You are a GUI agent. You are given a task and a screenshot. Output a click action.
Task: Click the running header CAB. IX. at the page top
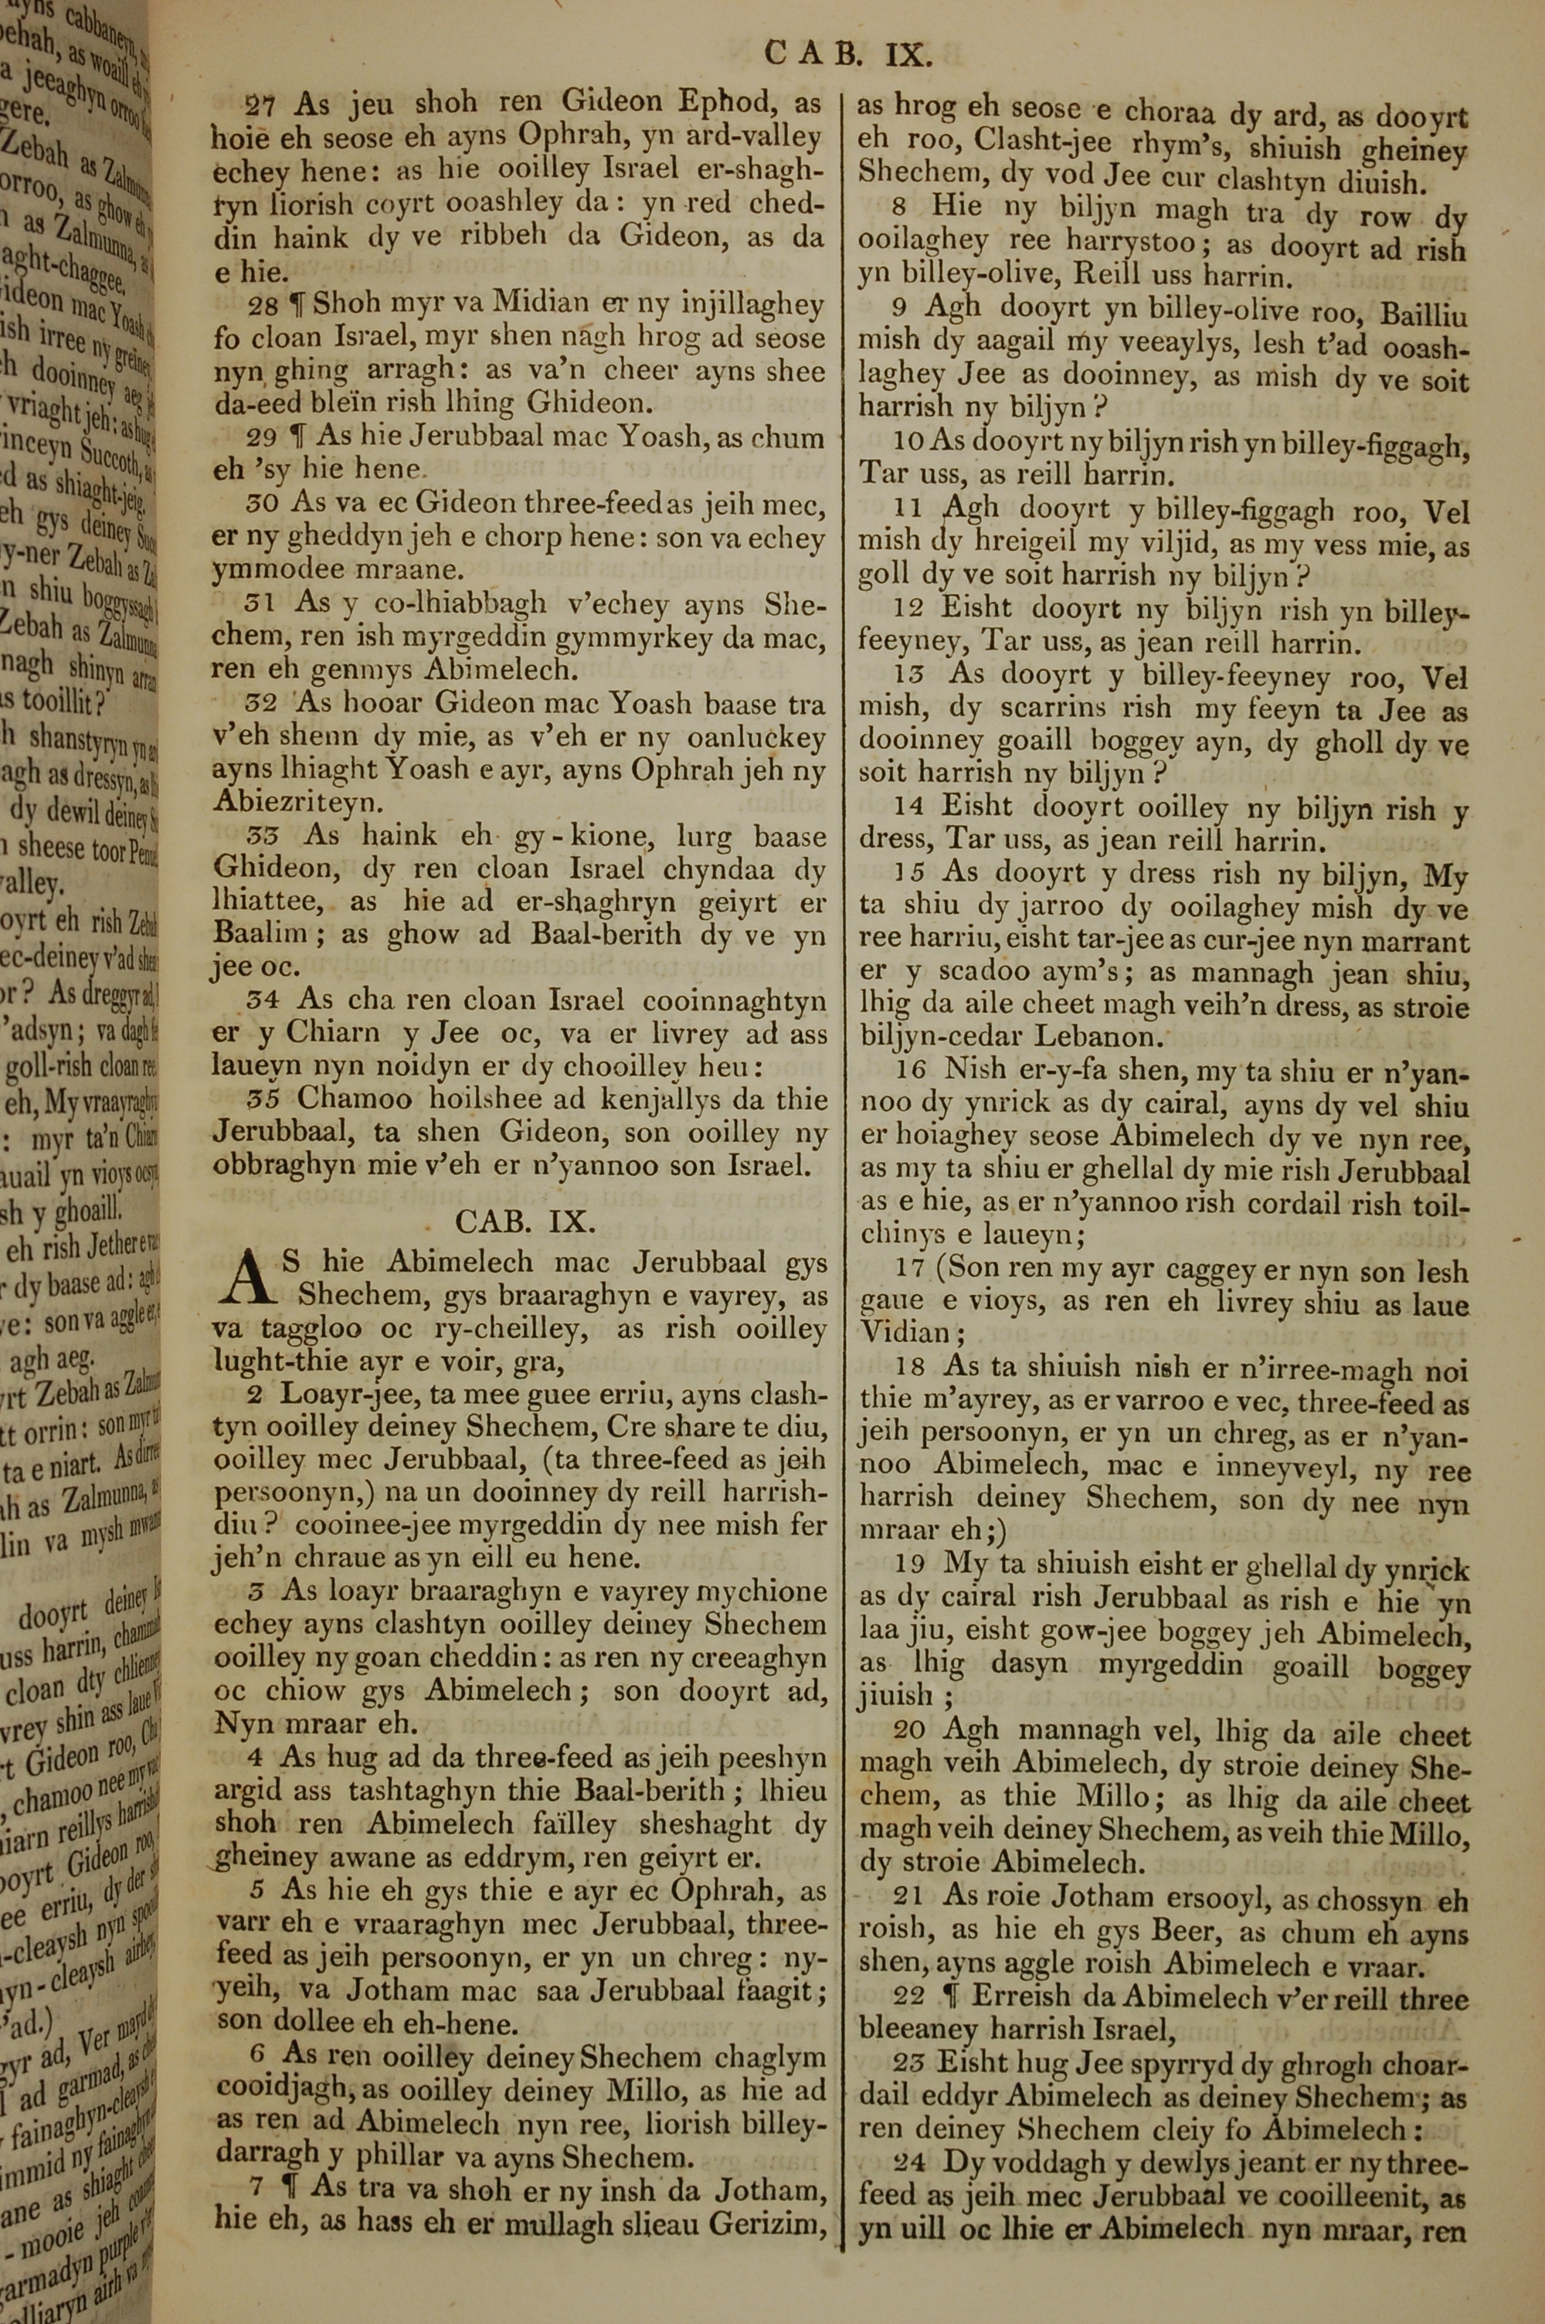pos(848,53)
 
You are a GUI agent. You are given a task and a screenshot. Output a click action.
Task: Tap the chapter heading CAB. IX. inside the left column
pos(525,1221)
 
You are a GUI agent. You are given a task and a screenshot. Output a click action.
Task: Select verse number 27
pos(261,104)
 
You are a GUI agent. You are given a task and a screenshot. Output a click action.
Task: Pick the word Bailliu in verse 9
pos(1424,315)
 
